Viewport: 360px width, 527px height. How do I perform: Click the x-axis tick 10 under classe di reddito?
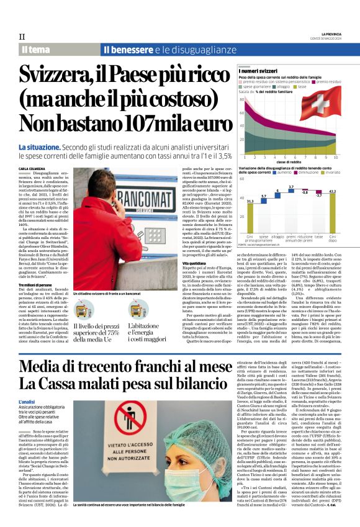(335, 158)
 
